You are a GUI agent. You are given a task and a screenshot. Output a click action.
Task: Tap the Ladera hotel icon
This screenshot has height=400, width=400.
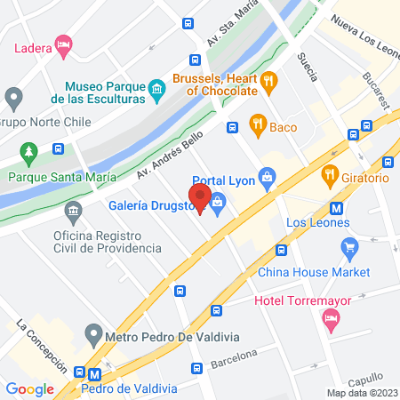tap(62, 44)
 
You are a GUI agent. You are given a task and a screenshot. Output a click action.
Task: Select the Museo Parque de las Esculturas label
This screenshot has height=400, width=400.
tap(105, 92)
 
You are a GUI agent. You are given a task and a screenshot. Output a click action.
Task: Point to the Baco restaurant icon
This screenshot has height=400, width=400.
tap(258, 126)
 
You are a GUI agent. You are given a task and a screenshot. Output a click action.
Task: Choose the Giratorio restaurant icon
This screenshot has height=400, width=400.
tap(330, 176)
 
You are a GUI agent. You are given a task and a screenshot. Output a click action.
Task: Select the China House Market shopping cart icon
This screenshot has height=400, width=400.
tap(349, 245)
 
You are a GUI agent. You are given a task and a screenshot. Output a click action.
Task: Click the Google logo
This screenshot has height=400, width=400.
tap(29, 388)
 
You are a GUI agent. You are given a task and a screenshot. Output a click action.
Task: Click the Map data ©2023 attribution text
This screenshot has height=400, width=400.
tap(361, 392)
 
